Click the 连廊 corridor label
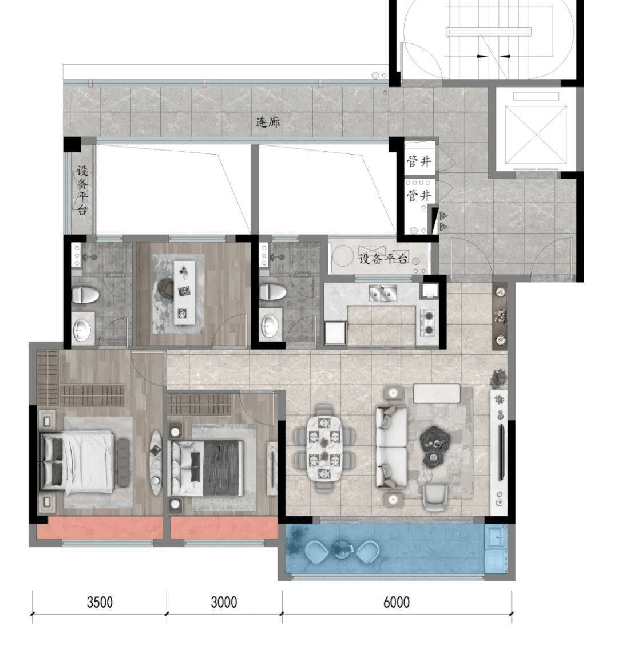[x=268, y=122]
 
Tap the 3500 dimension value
[x=100, y=602]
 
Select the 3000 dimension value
[x=224, y=602]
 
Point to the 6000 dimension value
[x=397, y=602]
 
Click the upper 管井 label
[x=419, y=161]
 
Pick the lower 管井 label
[x=419, y=195]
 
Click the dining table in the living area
[x=324, y=448]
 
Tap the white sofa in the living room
[x=391, y=447]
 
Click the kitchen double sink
[x=383, y=293]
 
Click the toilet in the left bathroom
[x=85, y=295]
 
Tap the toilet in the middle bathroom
[x=272, y=292]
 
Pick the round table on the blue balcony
[x=342, y=548]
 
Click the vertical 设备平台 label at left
[x=82, y=191]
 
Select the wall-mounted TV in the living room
[x=502, y=452]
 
